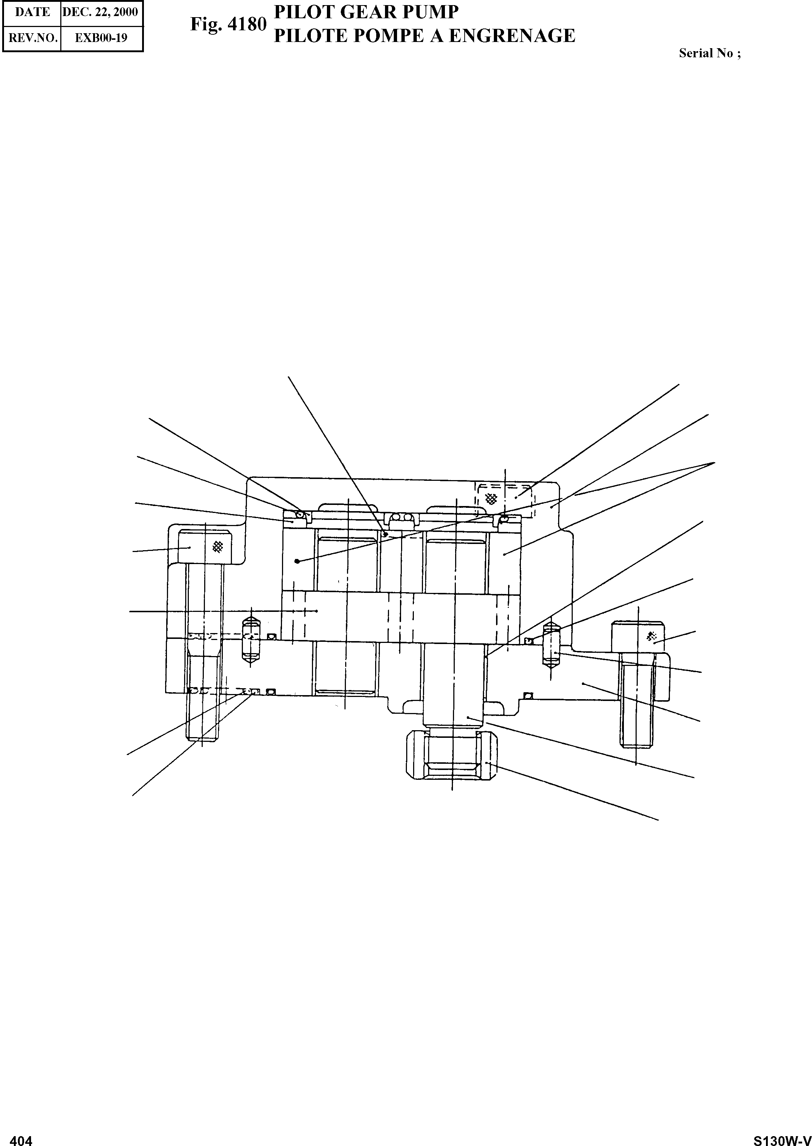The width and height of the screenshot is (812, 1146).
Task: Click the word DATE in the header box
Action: pos(33,12)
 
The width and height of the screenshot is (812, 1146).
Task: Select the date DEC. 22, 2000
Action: pos(100,12)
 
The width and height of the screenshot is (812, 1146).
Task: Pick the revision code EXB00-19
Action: pos(101,38)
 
